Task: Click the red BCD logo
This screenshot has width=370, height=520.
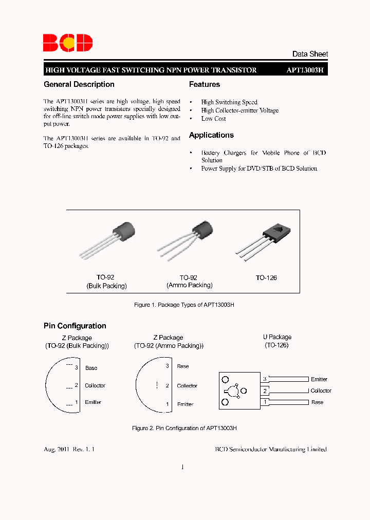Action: click(68, 43)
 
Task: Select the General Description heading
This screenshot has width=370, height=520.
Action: click(79, 84)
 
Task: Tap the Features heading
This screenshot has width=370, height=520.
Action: click(205, 84)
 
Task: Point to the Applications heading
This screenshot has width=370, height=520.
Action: click(211, 135)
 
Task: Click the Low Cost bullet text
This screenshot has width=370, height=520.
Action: click(213, 119)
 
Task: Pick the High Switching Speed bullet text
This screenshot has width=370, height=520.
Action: click(229, 102)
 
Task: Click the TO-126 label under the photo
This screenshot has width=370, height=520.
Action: click(266, 277)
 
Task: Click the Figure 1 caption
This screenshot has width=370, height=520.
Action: click(184, 305)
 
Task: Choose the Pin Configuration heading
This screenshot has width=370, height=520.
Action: click(75, 326)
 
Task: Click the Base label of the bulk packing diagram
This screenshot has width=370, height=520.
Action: click(91, 368)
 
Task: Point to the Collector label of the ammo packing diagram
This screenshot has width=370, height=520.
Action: click(187, 386)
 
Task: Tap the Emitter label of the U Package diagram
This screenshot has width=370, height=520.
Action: click(319, 379)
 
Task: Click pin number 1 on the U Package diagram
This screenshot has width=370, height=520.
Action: click(265, 402)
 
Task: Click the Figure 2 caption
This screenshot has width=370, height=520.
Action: click(184, 428)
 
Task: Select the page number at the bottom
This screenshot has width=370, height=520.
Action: click(182, 467)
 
